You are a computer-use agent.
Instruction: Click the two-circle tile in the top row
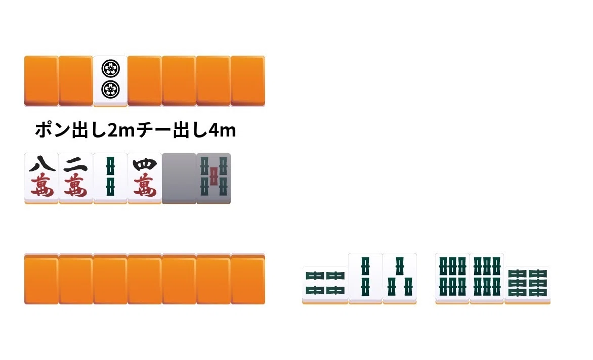[x=110, y=81]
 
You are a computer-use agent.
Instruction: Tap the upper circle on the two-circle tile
[x=110, y=69]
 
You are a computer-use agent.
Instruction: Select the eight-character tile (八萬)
[x=41, y=178]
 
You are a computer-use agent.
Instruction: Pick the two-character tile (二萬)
[x=76, y=178]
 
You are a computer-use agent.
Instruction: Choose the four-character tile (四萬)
[x=145, y=178]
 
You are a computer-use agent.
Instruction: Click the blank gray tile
[x=179, y=178]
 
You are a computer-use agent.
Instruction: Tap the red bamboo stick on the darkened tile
[x=214, y=176]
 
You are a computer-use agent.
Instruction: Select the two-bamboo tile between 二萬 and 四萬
[x=110, y=178]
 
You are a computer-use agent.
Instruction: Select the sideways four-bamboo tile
[x=325, y=285]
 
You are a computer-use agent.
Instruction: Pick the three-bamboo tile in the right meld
[x=400, y=279]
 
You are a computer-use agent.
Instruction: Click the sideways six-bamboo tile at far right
[x=528, y=285]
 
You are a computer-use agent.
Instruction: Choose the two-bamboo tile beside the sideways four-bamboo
[x=365, y=279]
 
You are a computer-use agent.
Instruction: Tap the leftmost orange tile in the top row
[x=41, y=81]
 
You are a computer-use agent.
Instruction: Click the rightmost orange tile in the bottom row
[x=248, y=279]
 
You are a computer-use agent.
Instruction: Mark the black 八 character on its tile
[x=41, y=164]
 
